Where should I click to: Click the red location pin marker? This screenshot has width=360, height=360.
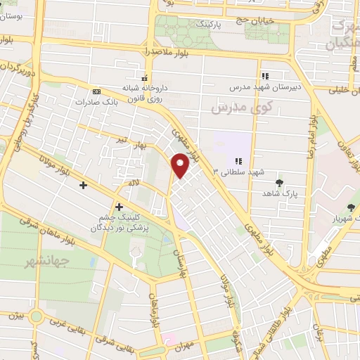click(180, 165)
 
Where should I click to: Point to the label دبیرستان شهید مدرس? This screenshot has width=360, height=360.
click(264, 88)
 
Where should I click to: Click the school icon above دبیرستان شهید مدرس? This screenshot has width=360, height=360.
click(265, 76)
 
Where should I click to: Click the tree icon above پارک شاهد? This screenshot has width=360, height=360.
click(280, 181)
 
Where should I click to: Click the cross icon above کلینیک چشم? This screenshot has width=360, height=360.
click(119, 207)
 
